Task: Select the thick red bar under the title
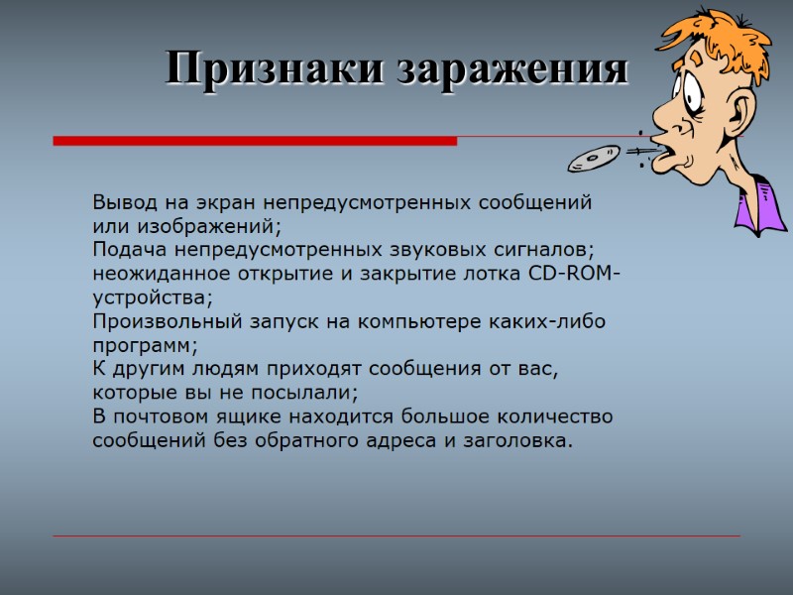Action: pyautogui.click(x=255, y=142)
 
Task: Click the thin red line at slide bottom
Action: pyautogui.click(x=396, y=536)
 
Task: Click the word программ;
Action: pyautogui.click(x=145, y=345)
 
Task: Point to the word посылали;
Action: pyautogui.click(x=308, y=393)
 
